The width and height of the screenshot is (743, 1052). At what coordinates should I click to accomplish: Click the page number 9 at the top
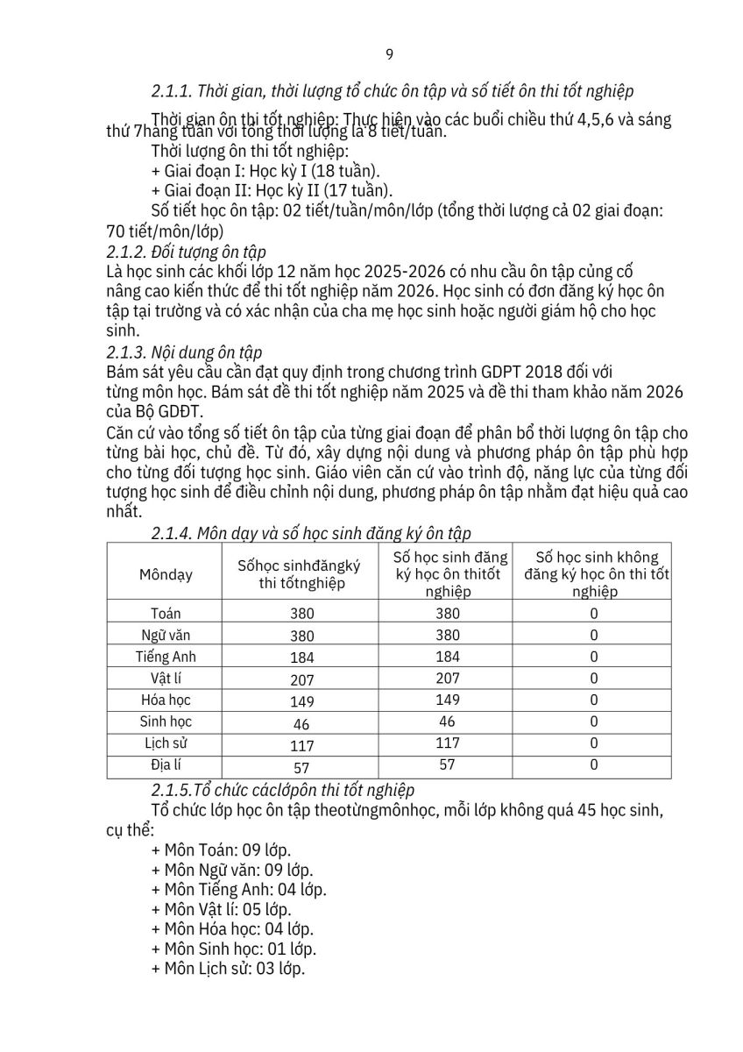point(389,55)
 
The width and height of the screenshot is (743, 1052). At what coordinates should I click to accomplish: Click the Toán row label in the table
point(166,614)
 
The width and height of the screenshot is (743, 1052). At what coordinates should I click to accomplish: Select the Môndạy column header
point(166,575)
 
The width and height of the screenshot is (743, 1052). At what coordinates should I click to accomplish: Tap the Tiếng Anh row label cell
point(166,657)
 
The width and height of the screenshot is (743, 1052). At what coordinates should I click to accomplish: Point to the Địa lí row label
point(166,764)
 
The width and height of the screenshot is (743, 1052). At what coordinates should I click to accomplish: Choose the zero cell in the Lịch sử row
point(593,743)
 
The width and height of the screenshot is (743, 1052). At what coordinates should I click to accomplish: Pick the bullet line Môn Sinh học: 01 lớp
point(234,949)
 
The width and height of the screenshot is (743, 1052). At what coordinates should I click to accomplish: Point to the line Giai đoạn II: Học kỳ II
point(272,189)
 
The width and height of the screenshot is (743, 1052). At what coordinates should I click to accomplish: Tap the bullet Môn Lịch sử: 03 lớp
point(228,969)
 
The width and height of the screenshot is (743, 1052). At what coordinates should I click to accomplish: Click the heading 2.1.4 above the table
point(311,532)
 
